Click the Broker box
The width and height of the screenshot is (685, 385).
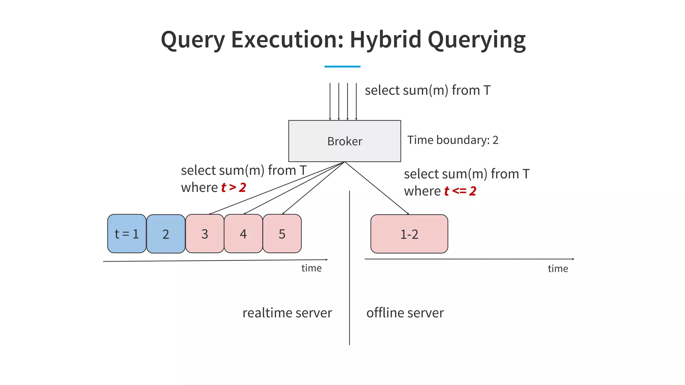coord(345,141)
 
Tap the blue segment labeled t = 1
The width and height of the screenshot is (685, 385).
coord(127,234)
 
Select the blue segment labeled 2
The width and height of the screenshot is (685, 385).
coord(166,234)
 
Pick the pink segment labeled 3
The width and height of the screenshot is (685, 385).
coord(205,234)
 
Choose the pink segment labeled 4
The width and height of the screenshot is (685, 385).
coord(243,234)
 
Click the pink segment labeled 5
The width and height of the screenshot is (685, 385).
coord(282,234)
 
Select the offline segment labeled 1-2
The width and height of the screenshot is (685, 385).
coord(409,234)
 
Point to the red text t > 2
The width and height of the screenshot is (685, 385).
coord(233,187)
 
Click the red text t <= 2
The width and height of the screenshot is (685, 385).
coord(460,191)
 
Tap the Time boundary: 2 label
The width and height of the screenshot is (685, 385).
coord(453,140)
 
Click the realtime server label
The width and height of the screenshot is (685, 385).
coord(287,313)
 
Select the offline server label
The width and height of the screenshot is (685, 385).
coord(405,313)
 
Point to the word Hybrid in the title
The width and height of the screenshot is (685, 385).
coord(385,39)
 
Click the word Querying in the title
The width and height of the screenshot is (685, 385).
coord(477,40)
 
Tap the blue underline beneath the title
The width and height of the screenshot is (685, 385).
coord(342,67)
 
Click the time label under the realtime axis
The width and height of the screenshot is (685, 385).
coord(311,268)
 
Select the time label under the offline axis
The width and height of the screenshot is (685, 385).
coord(558,268)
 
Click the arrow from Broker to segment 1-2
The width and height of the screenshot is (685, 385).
coord(377,188)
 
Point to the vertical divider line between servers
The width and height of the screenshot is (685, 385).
coord(350,284)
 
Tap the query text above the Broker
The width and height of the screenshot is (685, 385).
coord(427,90)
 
